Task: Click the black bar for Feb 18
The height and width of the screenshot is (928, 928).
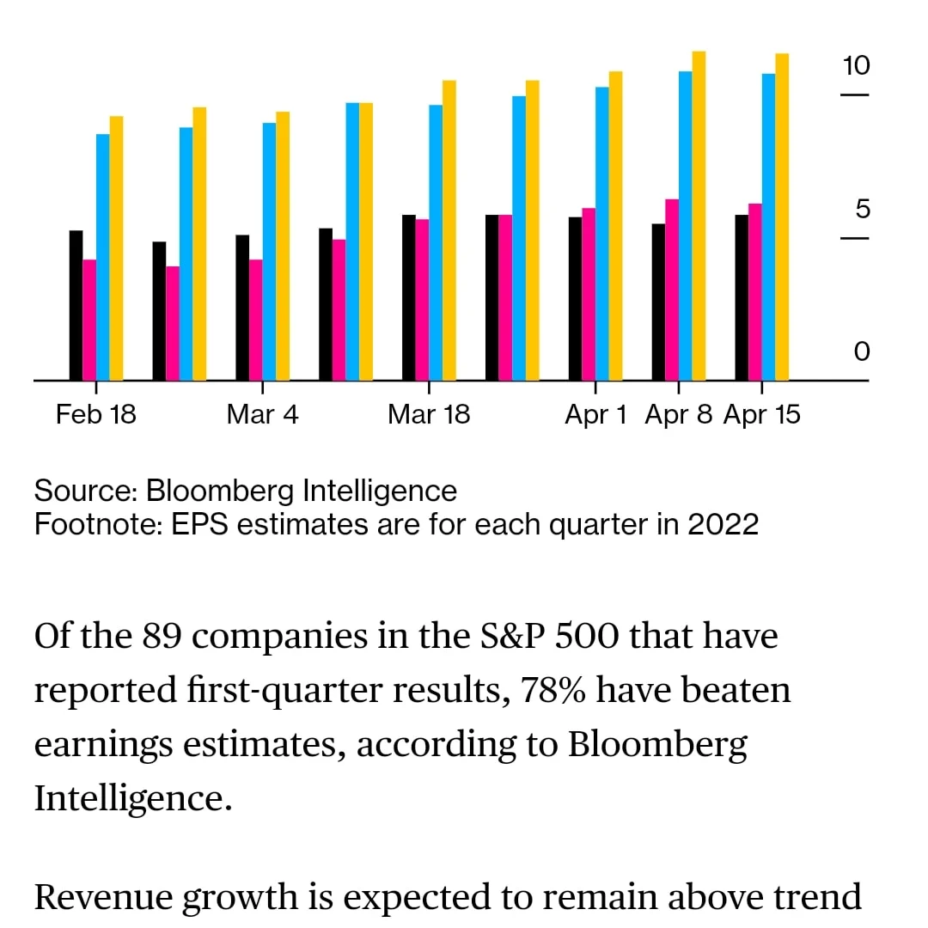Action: point(76,305)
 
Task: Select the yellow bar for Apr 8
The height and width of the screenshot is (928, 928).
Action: point(699,215)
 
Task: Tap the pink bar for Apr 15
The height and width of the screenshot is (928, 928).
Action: point(755,292)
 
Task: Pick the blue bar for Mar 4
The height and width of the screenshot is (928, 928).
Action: point(270,251)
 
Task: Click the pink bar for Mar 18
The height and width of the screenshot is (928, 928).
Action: point(422,299)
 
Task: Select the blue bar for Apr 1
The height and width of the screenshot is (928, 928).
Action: point(602,233)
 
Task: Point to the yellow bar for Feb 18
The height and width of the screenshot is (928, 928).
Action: point(117,247)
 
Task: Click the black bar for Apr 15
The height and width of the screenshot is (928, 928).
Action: point(742,297)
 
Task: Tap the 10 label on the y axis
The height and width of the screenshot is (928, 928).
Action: point(856,65)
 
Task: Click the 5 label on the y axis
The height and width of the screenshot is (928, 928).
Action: point(862,210)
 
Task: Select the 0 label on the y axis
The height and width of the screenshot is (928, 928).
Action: point(862,351)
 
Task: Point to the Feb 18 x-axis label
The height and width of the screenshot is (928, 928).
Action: point(96,415)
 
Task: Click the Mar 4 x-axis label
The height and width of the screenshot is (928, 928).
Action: point(263,415)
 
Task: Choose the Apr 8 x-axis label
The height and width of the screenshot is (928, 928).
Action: point(679,415)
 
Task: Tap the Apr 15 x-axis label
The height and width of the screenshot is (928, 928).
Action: point(762,415)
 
